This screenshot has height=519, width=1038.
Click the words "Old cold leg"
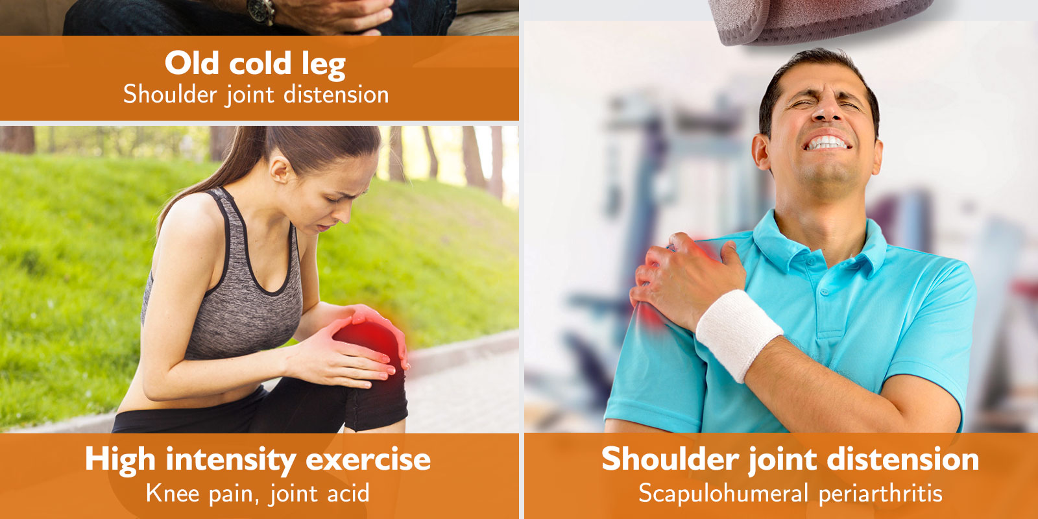[x=256, y=64]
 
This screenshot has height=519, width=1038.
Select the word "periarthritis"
[x=880, y=493]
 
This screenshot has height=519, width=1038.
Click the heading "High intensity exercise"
[x=258, y=460]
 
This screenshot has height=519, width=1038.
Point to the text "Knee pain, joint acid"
[x=258, y=493]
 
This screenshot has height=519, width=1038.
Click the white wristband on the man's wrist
[x=739, y=335]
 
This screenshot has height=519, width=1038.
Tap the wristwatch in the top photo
[x=260, y=12]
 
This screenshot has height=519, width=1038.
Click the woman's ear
[x=279, y=171]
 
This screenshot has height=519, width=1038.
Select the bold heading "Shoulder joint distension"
[x=790, y=460]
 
